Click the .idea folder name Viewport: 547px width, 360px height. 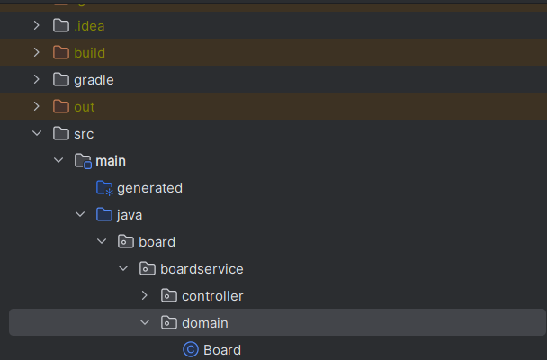pos(89,26)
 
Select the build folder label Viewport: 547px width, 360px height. pos(89,53)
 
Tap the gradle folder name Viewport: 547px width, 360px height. pos(94,80)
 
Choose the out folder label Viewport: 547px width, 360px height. pos(84,107)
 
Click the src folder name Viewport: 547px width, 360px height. pos(84,134)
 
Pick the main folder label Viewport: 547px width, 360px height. pos(111,161)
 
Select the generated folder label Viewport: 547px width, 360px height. pos(149,188)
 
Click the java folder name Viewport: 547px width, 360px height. pos(130,215)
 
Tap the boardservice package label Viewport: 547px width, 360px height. pos(202,269)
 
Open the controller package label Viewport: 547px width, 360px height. pos(212,296)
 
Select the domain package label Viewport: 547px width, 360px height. pos(205,322)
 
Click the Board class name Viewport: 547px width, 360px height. pos(222,350)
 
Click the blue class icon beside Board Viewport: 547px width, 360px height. pos(190,349)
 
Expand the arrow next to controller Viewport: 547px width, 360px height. pos(144,296)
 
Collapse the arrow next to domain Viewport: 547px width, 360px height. pos(144,322)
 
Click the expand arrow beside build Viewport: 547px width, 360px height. pos(36,53)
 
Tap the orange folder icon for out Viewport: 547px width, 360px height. pos(61,107)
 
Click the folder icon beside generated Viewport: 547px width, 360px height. pos(104,188)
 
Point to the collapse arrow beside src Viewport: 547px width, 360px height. pos(36,134)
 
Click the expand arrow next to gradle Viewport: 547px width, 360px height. pos(36,80)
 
